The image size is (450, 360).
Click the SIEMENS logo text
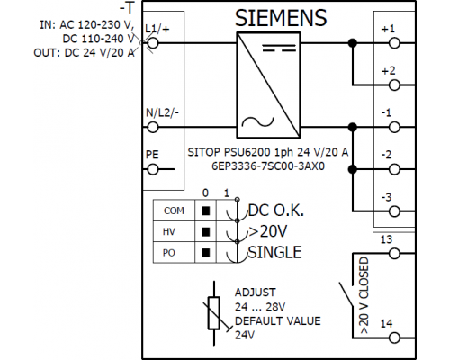click(x=281, y=18)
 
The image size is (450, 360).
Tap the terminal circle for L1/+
click(x=153, y=43)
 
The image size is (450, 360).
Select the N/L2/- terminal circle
click(x=153, y=128)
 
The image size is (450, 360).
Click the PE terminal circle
click(x=153, y=169)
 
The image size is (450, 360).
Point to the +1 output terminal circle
click(x=394, y=43)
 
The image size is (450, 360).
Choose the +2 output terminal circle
click(x=394, y=85)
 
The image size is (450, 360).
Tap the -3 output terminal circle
click(x=394, y=211)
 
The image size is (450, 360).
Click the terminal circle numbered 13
click(x=394, y=254)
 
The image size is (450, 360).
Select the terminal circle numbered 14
click(x=394, y=338)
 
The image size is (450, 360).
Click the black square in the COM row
click(x=206, y=211)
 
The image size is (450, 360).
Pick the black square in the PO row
click(x=206, y=253)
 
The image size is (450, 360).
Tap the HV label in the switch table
click(x=169, y=231)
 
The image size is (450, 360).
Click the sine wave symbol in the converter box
click(x=257, y=121)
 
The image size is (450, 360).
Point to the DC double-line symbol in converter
click(x=279, y=48)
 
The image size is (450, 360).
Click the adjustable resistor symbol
click(x=214, y=313)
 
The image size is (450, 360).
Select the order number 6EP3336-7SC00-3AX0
click(x=268, y=166)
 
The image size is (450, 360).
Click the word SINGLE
click(x=274, y=252)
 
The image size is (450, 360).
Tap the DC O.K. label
click(x=276, y=211)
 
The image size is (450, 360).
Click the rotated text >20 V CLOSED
click(x=364, y=295)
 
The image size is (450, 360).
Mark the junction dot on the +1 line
click(x=353, y=43)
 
